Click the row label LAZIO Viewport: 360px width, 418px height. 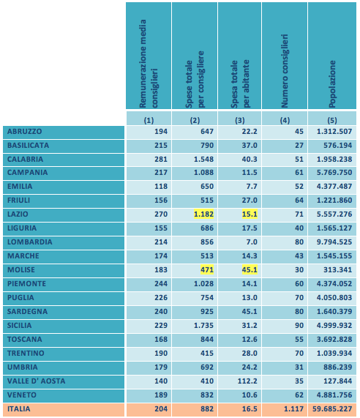(18, 214)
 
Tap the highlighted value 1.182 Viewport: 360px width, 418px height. (204, 214)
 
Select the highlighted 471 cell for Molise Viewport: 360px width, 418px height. (207, 270)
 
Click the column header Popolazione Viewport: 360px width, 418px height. (332, 84)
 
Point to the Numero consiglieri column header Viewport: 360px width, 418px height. (285, 71)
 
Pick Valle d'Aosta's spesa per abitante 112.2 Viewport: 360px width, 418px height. (247, 381)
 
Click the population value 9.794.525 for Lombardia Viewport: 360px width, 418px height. (334, 242)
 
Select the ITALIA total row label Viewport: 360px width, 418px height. (18, 409)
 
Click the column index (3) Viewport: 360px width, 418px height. (240, 121)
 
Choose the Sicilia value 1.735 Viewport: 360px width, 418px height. (204, 326)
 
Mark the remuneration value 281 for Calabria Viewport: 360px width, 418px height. (161, 160)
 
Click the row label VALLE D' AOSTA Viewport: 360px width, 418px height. (37, 381)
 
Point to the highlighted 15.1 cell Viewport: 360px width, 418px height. (250, 214)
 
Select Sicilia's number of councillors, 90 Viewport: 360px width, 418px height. (299, 326)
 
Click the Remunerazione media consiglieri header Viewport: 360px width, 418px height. (149, 64)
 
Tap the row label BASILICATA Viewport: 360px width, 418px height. (29, 146)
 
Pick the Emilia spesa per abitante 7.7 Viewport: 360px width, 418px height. (252, 187)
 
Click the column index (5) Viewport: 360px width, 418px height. (332, 121)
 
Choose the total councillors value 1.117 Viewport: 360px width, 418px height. (293, 409)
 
